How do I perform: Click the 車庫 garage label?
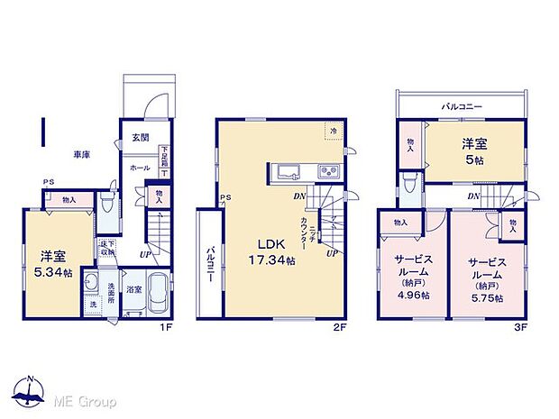click(81, 155)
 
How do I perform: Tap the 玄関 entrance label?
click(141, 139)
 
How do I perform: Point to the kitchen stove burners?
click(326, 172)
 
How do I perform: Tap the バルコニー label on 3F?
click(461, 106)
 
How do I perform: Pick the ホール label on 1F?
click(139, 169)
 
